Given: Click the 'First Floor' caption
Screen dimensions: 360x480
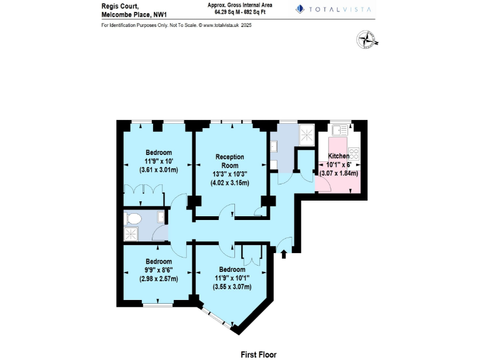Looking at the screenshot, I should coord(258,354).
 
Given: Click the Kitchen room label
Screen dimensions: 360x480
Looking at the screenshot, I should coord(339,156).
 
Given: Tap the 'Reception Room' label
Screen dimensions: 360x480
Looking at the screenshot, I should coord(230,161).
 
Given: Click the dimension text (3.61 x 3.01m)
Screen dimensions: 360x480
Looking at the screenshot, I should coord(159,169).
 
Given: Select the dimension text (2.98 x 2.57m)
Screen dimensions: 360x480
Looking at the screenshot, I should coord(158,279).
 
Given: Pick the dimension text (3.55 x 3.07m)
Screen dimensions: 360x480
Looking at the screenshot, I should coord(232,287).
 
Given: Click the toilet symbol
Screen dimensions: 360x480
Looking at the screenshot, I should coord(132,218).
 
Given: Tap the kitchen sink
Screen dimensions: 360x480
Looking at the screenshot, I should coord(340,130).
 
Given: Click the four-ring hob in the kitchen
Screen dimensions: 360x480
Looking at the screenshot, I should coord(354,153).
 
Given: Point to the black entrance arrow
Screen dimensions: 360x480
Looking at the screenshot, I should coord(284,254).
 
